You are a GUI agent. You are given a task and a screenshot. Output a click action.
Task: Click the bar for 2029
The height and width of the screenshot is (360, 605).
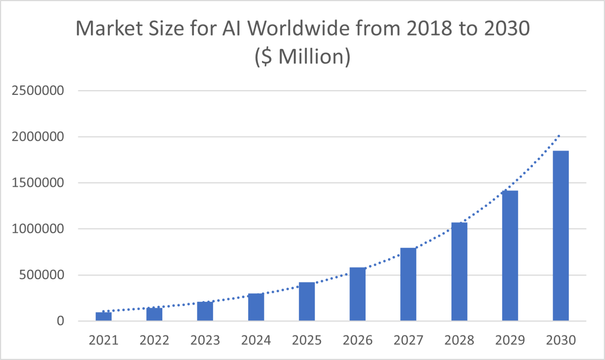pos(510,256)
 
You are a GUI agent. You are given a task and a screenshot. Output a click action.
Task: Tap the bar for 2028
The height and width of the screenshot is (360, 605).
pos(459,271)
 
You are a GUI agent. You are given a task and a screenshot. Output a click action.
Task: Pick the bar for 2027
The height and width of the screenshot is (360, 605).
pos(408,284)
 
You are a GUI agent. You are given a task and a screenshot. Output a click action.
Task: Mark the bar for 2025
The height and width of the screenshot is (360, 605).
pos(306,301)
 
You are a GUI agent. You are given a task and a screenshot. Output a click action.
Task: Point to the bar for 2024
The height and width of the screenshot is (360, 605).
pos(256,307)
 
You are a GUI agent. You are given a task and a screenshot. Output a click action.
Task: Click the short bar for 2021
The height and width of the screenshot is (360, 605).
pos(104,316)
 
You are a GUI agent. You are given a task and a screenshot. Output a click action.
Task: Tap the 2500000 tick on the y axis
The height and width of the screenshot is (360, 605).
pos(38,91)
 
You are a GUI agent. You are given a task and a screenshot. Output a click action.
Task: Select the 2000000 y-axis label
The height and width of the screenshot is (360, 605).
pos(38,137)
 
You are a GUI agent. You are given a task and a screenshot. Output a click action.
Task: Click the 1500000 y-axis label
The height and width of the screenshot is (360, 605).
pos(38,183)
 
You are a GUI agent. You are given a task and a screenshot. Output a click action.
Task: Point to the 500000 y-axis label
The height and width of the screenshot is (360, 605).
pos(41,275)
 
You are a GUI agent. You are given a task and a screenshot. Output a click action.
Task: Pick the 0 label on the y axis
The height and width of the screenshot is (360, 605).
pos(60,321)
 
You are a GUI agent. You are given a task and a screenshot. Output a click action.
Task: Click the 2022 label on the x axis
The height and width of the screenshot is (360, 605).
pos(154,340)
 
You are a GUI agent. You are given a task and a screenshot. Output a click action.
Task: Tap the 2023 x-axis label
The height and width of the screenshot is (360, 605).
pos(205,340)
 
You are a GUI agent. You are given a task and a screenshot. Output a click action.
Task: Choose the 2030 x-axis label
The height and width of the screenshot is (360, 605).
pos(560,340)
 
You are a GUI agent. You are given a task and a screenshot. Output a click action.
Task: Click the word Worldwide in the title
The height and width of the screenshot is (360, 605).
pos(299,28)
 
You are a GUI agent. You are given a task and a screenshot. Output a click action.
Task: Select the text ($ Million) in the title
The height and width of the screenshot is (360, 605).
pos(302,57)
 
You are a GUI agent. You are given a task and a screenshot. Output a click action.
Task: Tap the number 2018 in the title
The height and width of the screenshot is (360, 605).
pos(429,28)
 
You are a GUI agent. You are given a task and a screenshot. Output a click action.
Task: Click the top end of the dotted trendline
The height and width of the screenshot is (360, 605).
pos(558,136)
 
